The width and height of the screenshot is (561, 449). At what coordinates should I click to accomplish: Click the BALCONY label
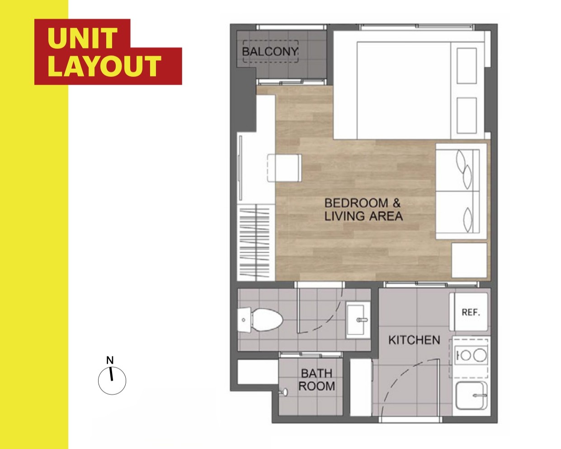[x=270, y=52]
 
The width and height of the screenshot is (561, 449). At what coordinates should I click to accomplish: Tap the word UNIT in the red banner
[x=82, y=38]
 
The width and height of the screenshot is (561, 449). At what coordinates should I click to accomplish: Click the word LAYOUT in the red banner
[x=104, y=66]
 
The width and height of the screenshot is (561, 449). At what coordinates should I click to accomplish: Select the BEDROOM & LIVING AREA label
[x=363, y=210]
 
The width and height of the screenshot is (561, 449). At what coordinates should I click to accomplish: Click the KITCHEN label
[x=414, y=340]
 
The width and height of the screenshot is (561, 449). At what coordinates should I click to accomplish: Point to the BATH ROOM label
[x=317, y=380]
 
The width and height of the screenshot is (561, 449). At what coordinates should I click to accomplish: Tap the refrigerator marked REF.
[x=469, y=312]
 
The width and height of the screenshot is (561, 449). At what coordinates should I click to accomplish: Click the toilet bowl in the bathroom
[x=268, y=320]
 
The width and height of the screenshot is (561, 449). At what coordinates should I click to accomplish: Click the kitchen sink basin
[x=471, y=396]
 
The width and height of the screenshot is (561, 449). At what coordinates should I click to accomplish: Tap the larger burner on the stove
[x=480, y=355]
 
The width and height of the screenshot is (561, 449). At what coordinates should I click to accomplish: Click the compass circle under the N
[x=112, y=381]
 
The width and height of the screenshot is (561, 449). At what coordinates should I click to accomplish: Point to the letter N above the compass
[x=110, y=360]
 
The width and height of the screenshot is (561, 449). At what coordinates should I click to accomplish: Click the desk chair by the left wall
[x=284, y=168]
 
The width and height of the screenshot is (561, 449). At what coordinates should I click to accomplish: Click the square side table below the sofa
[x=469, y=260]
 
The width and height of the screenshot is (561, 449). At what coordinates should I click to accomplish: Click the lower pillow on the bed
[x=467, y=115]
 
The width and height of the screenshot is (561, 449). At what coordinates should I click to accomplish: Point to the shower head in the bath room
[x=284, y=392]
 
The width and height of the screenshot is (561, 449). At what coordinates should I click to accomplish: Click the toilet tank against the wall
[x=244, y=320]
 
